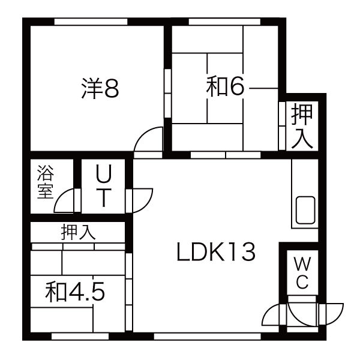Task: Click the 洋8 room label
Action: pyautogui.click(x=100, y=88)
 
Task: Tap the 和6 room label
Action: pyautogui.click(x=225, y=86)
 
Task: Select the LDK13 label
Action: pyautogui.click(x=216, y=252)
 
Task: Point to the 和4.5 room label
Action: pyautogui.click(x=75, y=292)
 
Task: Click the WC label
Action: pyautogui.click(x=302, y=273)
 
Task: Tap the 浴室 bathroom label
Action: pyautogui.click(x=46, y=182)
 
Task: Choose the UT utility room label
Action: pyautogui.click(x=104, y=185)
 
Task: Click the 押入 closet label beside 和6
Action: pyautogui.click(x=302, y=126)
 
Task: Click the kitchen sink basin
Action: pyautogui.click(x=305, y=210)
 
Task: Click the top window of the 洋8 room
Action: pyautogui.click(x=91, y=22)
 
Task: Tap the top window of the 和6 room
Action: pyautogui.click(x=224, y=22)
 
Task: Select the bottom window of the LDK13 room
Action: pyautogui.click(x=208, y=337)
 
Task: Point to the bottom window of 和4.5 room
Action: pyautogui.click(x=80, y=337)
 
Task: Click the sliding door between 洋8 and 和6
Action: pyautogui.click(x=168, y=93)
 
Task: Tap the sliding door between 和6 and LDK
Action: pyautogui.click(x=226, y=155)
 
